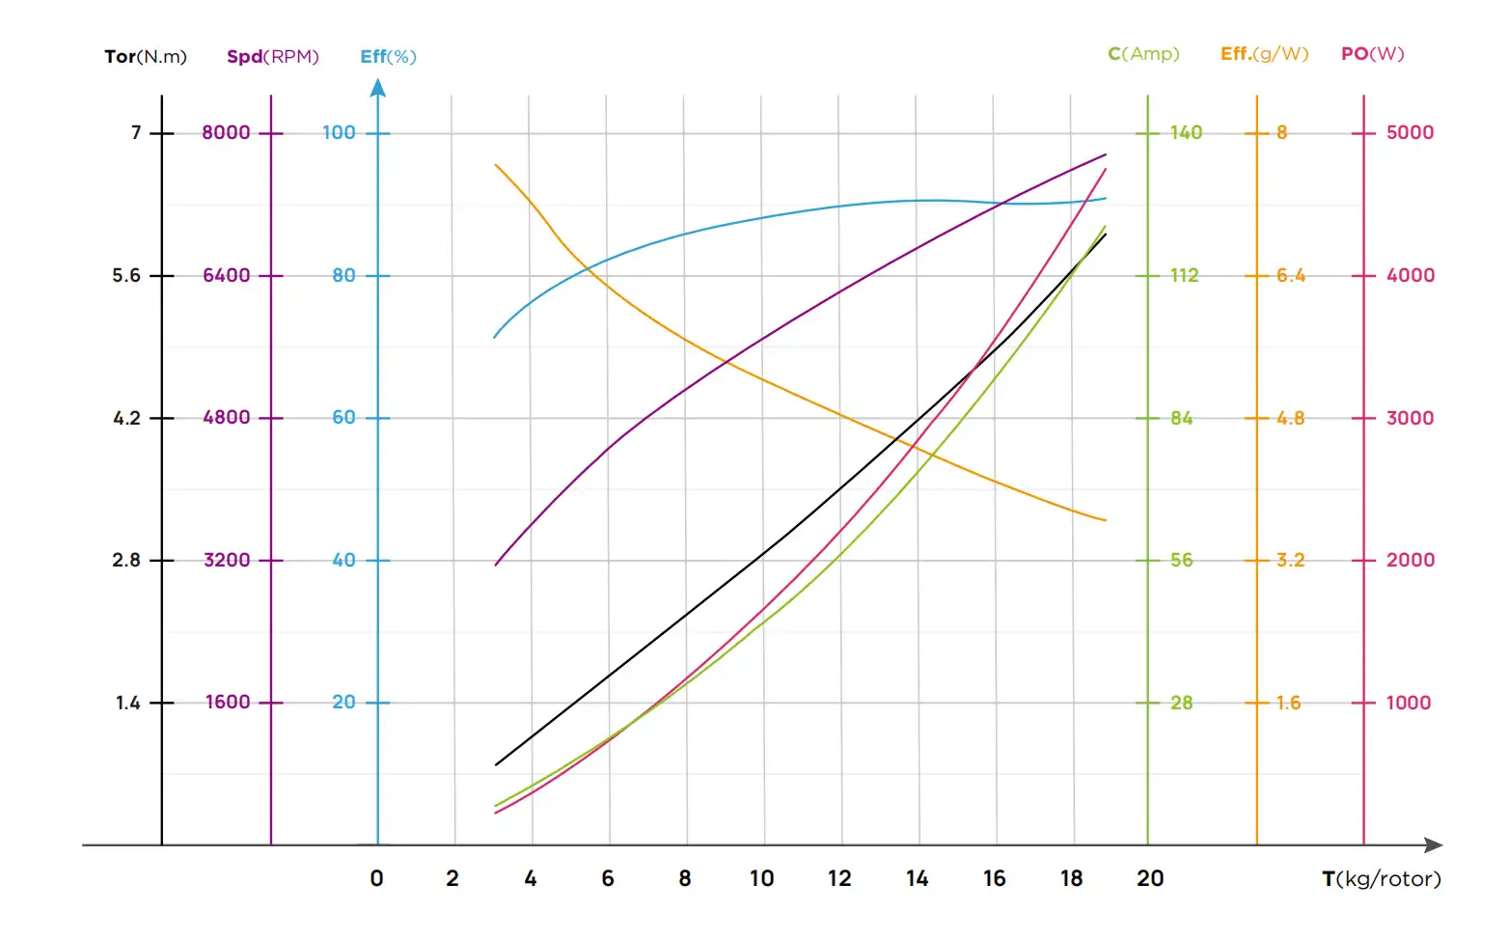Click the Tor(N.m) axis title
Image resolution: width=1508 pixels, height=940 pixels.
click(x=146, y=57)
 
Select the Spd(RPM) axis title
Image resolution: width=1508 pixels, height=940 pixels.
click(x=272, y=57)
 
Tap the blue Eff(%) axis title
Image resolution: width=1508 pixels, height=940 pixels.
click(x=388, y=57)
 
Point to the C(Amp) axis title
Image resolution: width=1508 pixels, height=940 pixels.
click(x=1143, y=54)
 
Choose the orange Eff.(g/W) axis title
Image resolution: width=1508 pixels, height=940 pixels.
click(x=1264, y=54)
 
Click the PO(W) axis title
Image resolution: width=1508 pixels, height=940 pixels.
click(x=1372, y=54)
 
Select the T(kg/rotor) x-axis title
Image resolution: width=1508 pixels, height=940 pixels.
click(x=1381, y=879)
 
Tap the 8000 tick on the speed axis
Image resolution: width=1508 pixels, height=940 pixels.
click(x=226, y=133)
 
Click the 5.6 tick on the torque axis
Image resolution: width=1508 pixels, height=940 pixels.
click(x=126, y=276)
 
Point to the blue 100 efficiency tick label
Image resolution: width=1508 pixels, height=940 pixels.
click(x=339, y=133)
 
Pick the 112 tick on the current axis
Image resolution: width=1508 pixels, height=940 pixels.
click(x=1185, y=276)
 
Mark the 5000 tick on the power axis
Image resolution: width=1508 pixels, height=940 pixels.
click(x=1410, y=133)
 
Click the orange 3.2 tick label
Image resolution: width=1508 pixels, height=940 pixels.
click(x=1290, y=561)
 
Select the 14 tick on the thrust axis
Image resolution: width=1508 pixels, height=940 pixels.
click(x=917, y=879)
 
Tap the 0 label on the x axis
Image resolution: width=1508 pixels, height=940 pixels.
click(x=376, y=879)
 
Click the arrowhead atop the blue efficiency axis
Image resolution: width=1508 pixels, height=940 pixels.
click(x=378, y=88)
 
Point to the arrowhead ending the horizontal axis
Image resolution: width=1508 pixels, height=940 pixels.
click(x=1435, y=845)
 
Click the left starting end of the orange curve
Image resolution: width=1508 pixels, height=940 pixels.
click(x=496, y=165)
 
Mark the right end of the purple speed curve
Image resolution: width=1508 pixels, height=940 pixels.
click(x=1106, y=154)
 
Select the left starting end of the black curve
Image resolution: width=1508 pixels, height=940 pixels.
click(x=496, y=765)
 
